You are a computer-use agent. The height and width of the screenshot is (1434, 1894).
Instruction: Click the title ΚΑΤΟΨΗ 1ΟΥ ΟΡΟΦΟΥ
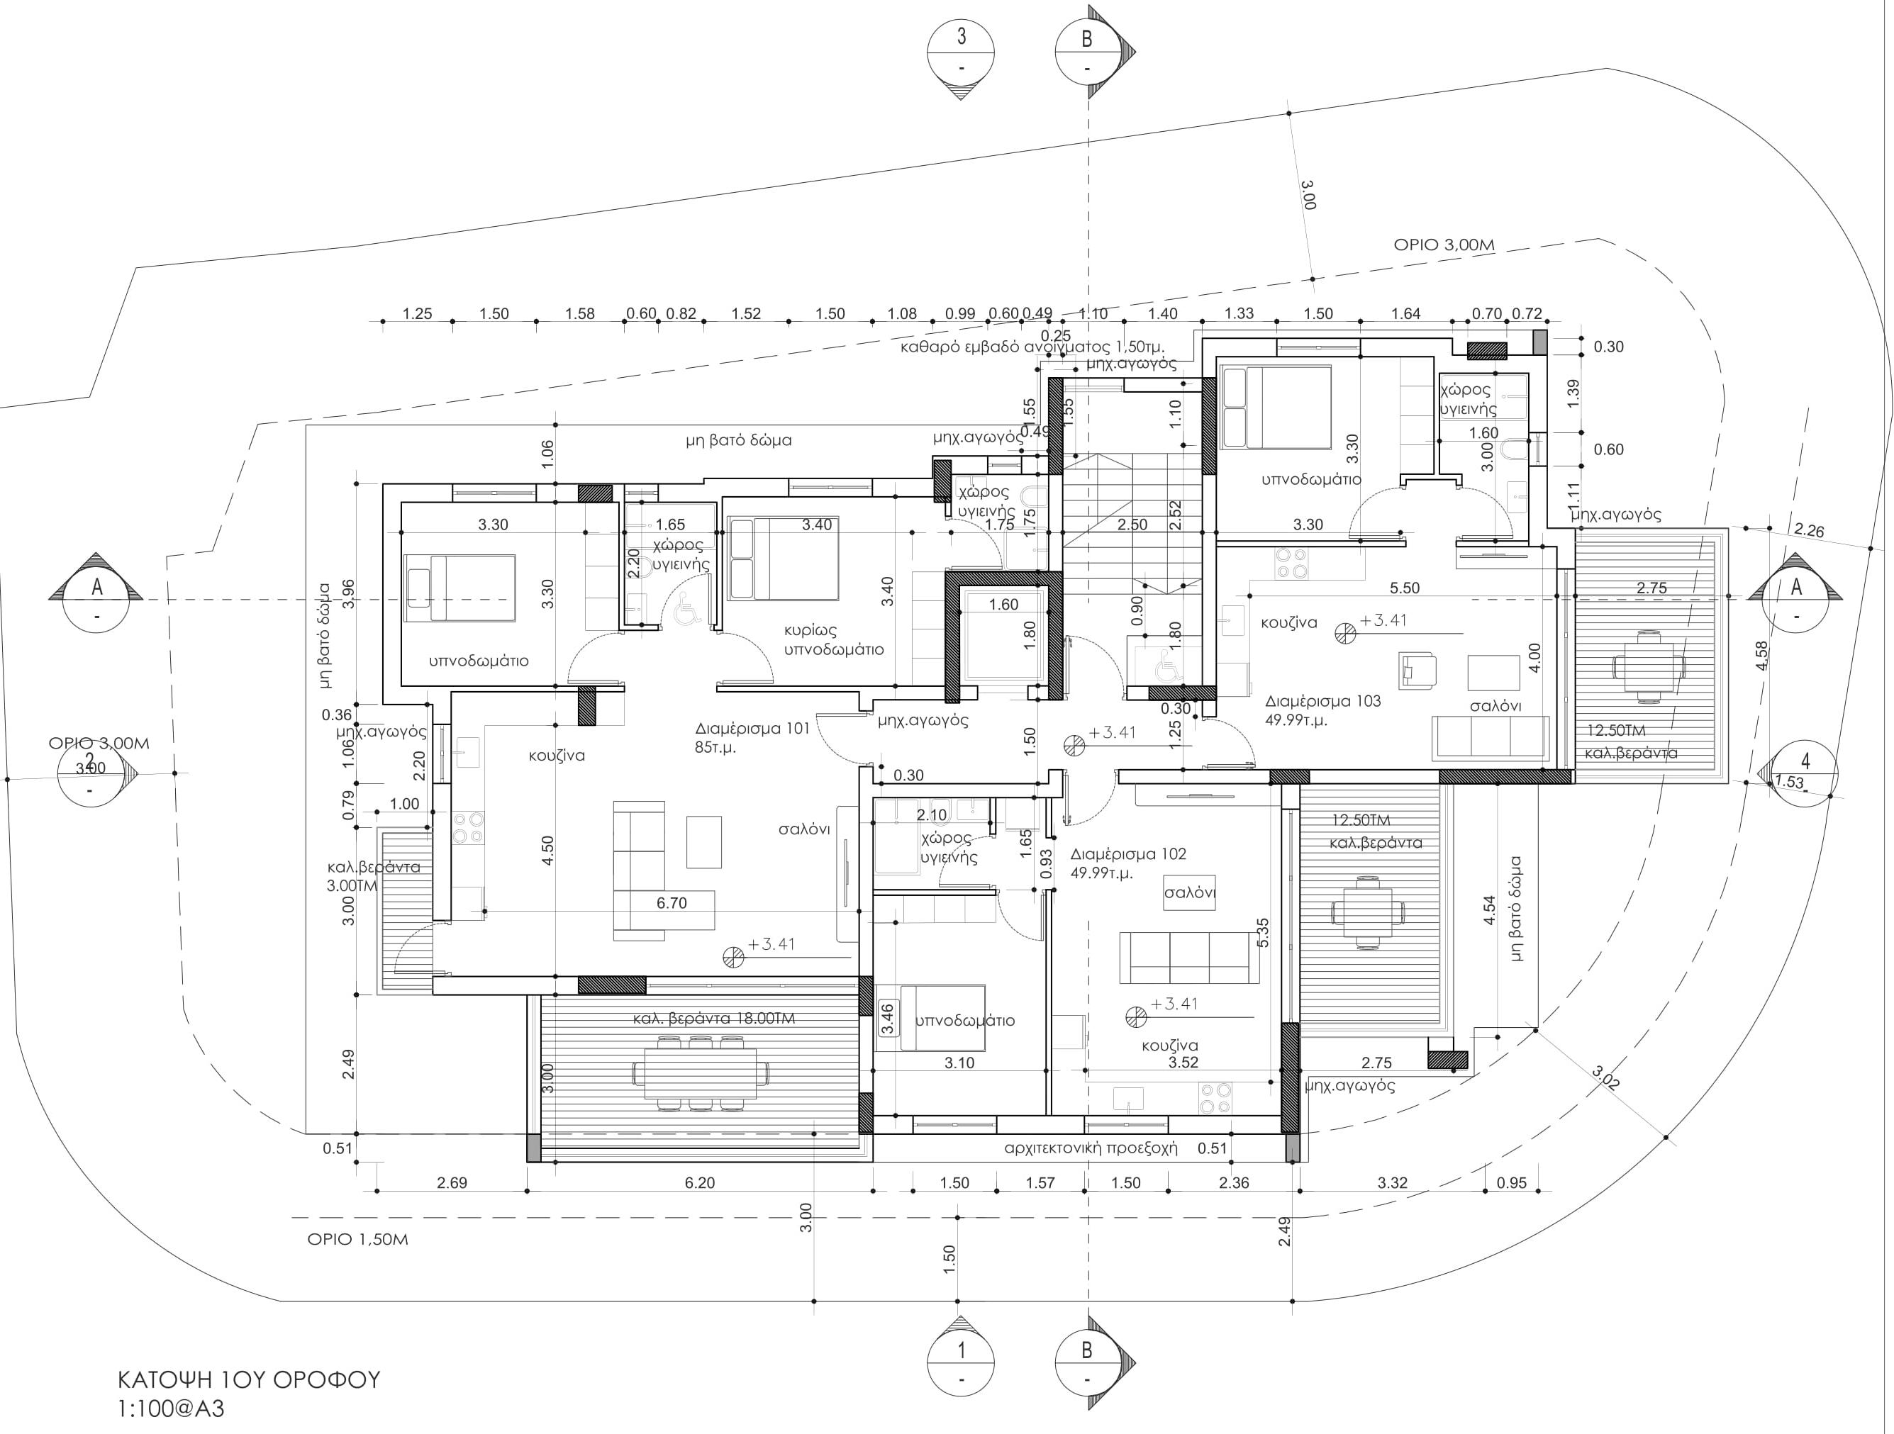coord(248,1380)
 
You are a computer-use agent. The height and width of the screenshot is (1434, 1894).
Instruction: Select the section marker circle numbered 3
coord(961,51)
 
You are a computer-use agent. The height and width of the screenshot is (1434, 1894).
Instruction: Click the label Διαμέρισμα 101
coord(752,729)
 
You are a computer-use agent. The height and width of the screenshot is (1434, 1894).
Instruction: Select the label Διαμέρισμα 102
coord(1127,854)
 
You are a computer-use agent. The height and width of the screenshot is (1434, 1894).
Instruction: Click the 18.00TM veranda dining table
coord(701,1072)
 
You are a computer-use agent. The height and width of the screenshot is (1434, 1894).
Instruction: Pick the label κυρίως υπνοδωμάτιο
coord(833,639)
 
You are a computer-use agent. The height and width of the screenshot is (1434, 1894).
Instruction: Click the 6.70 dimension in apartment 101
coord(672,903)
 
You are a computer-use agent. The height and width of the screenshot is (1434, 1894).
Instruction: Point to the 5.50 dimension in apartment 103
coord(1404,588)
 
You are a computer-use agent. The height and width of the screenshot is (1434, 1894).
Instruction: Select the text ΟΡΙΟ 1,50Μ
coord(358,1240)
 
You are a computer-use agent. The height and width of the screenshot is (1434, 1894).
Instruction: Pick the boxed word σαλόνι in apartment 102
coord(1189,892)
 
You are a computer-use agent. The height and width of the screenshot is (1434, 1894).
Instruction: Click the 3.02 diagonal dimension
coord(1605,1076)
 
